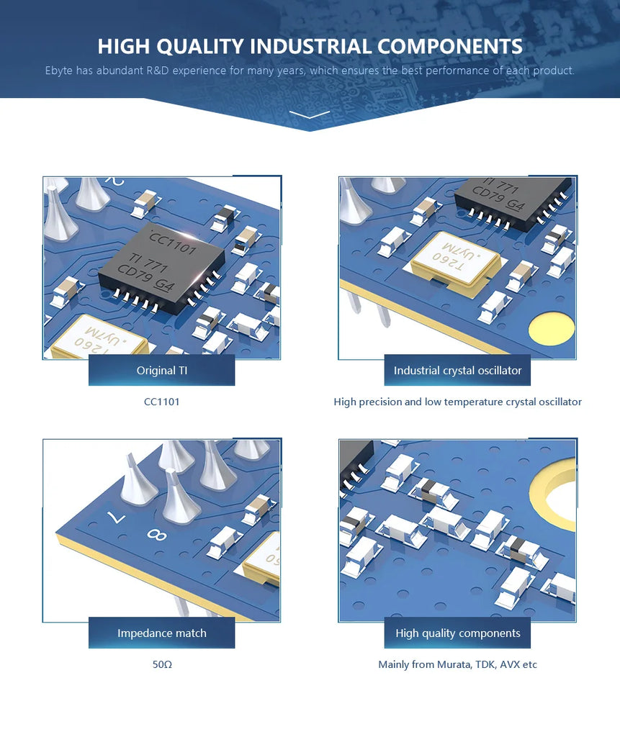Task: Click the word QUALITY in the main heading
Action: click(199, 47)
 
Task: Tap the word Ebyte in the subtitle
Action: click(59, 71)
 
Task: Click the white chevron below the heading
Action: click(310, 114)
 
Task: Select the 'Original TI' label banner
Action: click(161, 371)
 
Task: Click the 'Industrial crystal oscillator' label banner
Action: click(457, 371)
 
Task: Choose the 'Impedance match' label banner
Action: click(161, 633)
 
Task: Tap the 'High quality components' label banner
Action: click(457, 633)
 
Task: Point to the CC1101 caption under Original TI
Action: click(161, 402)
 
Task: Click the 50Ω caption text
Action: click(162, 664)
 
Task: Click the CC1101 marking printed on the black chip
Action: click(173, 243)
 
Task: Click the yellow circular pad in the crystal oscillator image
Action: click(552, 327)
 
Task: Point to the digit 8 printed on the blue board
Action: click(157, 535)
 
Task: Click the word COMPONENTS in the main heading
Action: click(450, 47)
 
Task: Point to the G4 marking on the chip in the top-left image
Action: click(165, 285)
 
